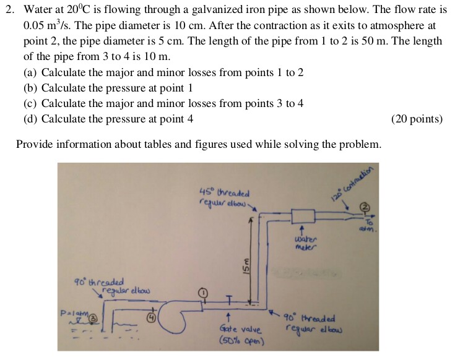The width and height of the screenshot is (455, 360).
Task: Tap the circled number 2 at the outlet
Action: point(365,206)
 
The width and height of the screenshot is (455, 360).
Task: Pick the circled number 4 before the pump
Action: point(150,318)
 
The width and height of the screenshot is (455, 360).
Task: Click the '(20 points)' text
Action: point(417,119)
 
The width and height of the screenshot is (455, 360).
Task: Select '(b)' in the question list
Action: point(30,88)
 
